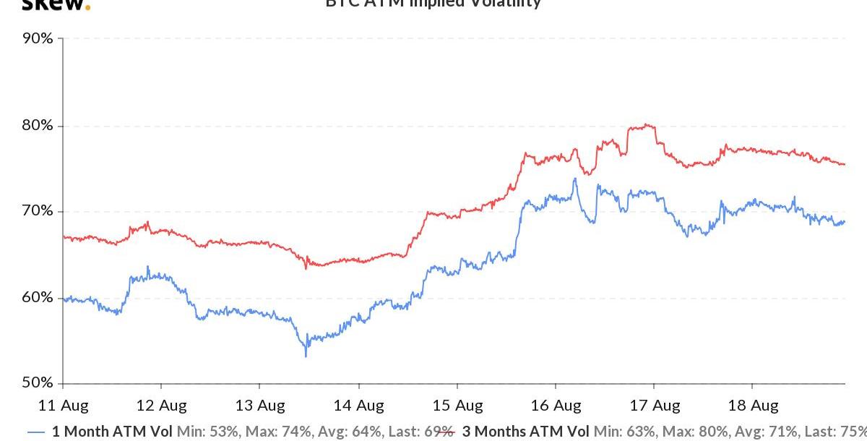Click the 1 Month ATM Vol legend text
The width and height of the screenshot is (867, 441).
pyautogui.click(x=112, y=432)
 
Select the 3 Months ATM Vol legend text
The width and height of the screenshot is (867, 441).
pyautogui.click(x=525, y=432)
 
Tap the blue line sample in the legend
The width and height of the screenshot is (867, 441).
pyautogui.click(x=37, y=432)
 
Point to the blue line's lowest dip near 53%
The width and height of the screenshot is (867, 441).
pyautogui.click(x=306, y=356)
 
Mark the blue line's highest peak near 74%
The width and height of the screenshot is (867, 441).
pyautogui.click(x=574, y=179)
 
